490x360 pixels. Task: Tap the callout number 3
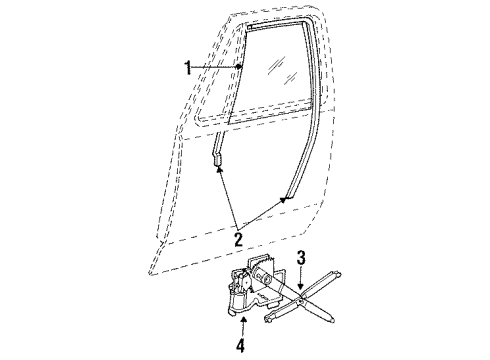pos(301,259)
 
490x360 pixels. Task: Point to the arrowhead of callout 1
pos(241,66)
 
